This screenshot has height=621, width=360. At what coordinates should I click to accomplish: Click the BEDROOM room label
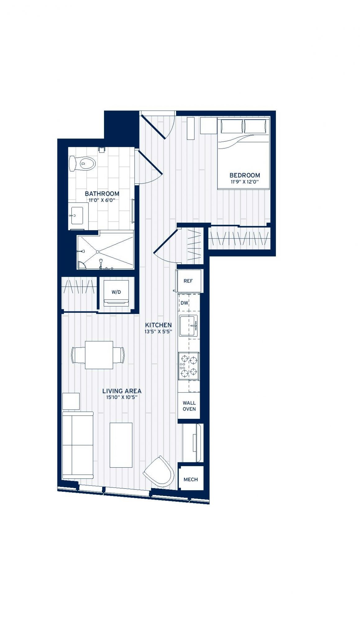244,175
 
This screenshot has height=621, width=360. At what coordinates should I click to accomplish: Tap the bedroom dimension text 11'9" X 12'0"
244,182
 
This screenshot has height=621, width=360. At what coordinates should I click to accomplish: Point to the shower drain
97,252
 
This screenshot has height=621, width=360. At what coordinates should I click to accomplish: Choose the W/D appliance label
116,292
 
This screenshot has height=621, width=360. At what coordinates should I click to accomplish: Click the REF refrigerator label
188,281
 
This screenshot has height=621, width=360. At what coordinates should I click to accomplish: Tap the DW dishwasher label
184,303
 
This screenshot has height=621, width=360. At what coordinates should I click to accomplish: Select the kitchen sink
188,326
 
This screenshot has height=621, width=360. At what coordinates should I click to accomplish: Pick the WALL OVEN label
189,406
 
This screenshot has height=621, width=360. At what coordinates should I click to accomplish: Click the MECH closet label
191,479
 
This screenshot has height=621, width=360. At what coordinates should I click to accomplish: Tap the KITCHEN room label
158,325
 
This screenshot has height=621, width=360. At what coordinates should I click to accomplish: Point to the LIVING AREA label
122,391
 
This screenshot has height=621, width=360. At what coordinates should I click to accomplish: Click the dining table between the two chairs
99,355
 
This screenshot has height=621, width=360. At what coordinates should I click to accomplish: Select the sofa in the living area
78,445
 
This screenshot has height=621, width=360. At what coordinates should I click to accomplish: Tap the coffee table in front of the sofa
121,445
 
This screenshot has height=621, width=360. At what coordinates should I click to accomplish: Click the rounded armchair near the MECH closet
159,471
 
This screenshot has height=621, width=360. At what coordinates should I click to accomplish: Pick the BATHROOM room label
102,194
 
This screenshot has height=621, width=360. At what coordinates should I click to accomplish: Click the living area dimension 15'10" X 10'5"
122,397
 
